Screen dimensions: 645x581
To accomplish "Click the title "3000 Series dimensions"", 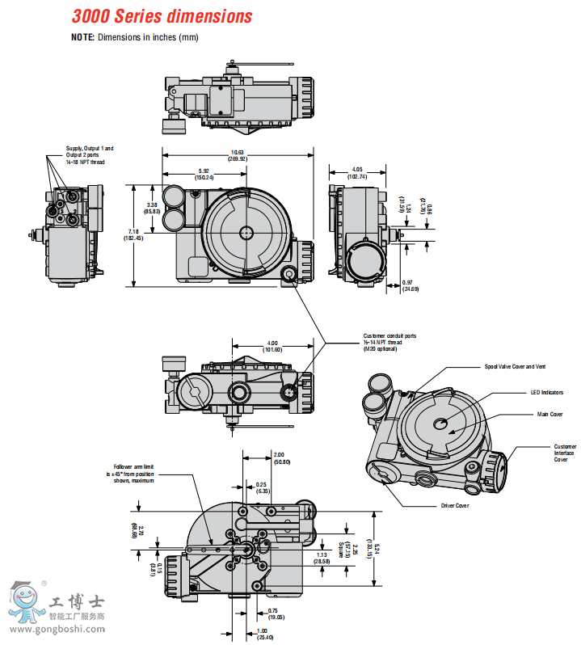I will pos(162,16).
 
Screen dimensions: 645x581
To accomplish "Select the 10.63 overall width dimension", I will pos(238,153).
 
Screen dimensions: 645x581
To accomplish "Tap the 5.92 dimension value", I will pos(205,171).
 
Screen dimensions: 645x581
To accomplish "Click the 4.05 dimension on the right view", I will pos(356,170).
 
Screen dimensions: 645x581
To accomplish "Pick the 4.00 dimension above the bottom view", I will pos(272,343).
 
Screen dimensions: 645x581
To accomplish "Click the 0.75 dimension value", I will pos(274,610).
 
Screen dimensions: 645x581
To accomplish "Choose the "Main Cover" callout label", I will pos(550,414).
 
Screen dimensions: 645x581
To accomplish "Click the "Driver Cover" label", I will pos(454,506).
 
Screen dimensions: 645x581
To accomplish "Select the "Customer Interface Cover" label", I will pos(565,453).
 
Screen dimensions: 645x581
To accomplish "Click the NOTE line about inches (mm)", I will pos(134,37).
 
